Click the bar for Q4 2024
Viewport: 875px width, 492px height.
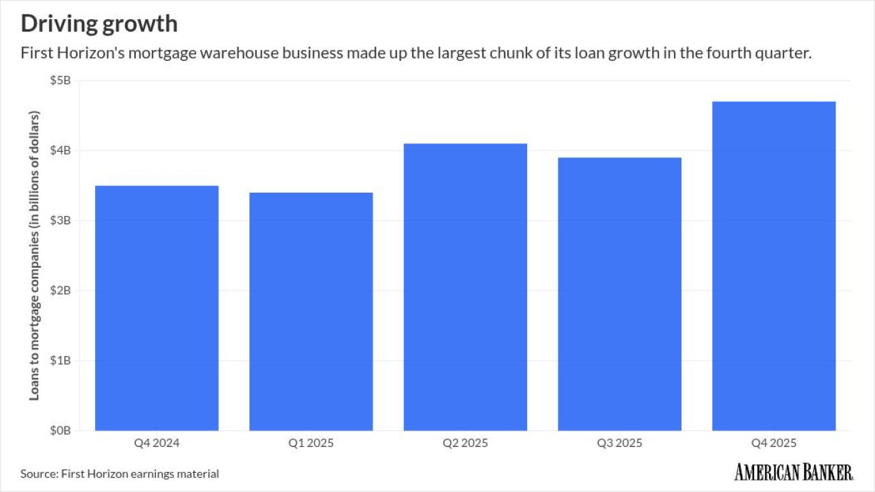(x=157, y=307)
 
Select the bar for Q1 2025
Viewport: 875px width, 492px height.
(x=311, y=311)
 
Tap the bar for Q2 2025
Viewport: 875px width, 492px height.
(x=466, y=287)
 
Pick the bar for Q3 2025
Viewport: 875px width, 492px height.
(x=619, y=294)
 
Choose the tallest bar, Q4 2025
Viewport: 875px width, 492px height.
(x=774, y=266)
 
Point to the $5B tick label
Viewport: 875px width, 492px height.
(x=61, y=81)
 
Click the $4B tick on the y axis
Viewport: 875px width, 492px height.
(x=61, y=150)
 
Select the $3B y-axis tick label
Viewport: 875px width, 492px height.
(x=61, y=221)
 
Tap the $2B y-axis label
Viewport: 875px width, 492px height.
(x=61, y=290)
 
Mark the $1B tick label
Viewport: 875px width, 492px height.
(x=61, y=360)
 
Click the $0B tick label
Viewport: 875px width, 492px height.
(x=61, y=430)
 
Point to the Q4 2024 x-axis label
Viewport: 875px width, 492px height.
(x=157, y=443)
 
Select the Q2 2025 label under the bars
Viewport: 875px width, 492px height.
(x=466, y=443)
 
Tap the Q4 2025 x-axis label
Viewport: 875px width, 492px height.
(x=774, y=443)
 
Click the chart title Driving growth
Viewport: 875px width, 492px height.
(x=99, y=24)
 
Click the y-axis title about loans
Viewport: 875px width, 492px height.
(x=34, y=255)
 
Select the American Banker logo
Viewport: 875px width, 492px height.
(x=794, y=471)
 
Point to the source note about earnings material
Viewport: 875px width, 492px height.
(x=120, y=473)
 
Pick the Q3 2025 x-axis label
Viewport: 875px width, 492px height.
(x=619, y=443)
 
